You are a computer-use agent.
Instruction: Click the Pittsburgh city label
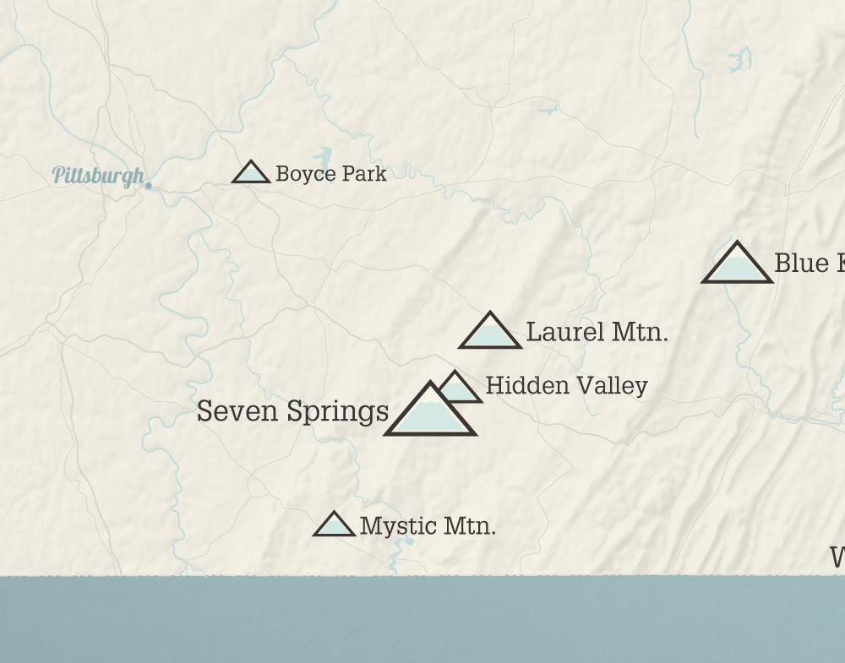pos(98,176)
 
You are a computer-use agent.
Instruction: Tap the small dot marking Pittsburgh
pos(149,186)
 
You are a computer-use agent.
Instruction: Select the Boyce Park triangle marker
pos(251,173)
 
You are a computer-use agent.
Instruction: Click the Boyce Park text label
pos(331,174)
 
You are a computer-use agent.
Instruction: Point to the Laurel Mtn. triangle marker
pos(490,332)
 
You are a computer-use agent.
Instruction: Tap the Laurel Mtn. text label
pos(597,332)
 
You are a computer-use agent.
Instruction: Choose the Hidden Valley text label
pos(566,386)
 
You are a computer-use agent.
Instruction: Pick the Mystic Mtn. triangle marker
pos(334,525)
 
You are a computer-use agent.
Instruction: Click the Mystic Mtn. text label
pos(428,526)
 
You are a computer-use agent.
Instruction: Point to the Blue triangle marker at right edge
pos(738,265)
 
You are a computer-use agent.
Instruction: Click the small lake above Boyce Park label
pos(323,157)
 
